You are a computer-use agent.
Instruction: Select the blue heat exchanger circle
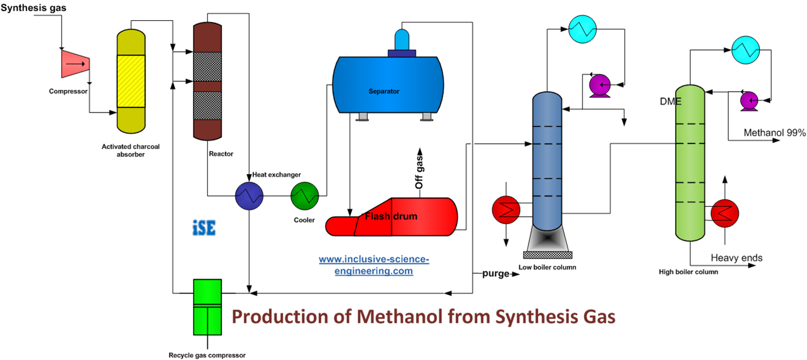pos(249,196)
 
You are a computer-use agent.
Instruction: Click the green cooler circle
pos(305,196)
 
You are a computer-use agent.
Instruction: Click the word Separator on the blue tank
pos(384,91)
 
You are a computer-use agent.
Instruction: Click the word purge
pos(495,273)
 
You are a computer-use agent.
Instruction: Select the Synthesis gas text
pos(34,8)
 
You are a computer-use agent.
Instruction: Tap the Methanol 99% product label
pos(774,133)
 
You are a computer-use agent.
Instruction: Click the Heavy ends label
pos(736,258)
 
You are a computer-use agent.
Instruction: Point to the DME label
pos(670,101)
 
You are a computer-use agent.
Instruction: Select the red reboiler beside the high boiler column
pos(725,213)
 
